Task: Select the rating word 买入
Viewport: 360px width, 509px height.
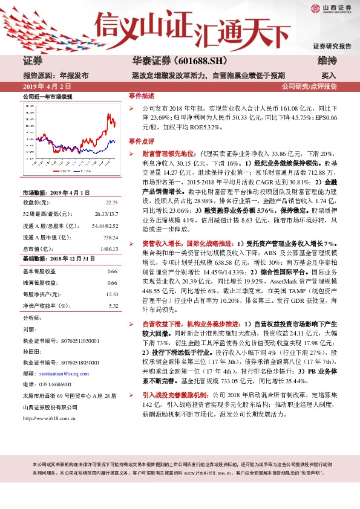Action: (x=328, y=76)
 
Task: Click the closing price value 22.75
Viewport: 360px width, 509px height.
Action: (x=111, y=203)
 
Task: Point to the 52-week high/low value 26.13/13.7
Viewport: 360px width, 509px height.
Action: (x=106, y=214)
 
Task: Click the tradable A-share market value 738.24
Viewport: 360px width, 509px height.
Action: (x=110, y=237)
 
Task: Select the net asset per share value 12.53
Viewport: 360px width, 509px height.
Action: (x=111, y=294)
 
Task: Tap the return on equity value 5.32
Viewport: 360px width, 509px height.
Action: (x=113, y=306)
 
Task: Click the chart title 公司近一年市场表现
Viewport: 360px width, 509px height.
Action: (x=48, y=97)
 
